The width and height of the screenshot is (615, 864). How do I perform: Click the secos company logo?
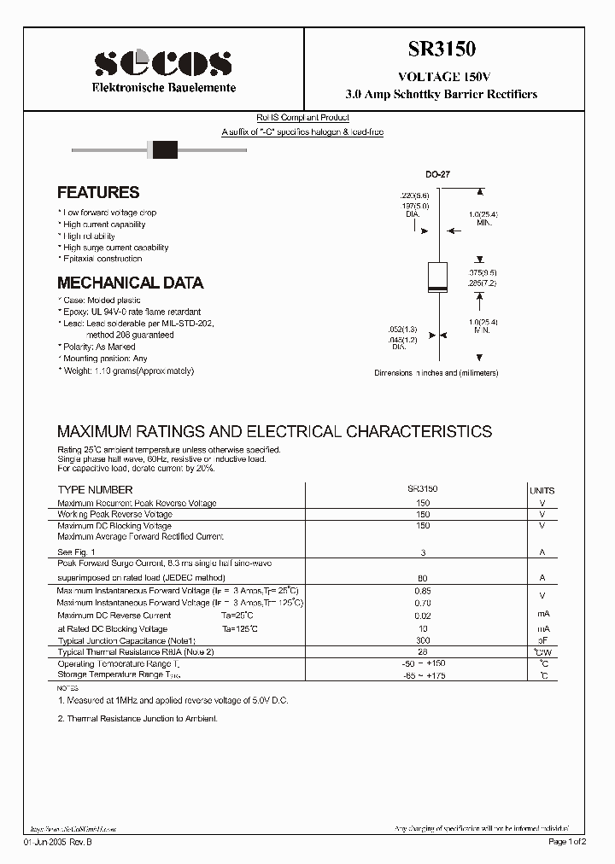pos(162,63)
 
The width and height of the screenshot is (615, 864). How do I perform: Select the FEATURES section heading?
pos(98,193)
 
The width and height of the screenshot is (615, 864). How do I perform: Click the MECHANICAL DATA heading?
pos(130,283)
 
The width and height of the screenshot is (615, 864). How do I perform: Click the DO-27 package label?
pos(437,174)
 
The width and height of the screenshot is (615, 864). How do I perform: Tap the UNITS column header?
pos(542,491)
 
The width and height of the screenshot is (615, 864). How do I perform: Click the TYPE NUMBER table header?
pos(95,490)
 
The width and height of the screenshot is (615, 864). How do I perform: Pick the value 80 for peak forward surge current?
pos(423,578)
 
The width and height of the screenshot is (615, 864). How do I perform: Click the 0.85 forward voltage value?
pos(423,591)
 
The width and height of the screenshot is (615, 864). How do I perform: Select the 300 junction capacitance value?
pos(423,639)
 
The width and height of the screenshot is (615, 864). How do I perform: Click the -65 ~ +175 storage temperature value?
pos(423,675)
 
